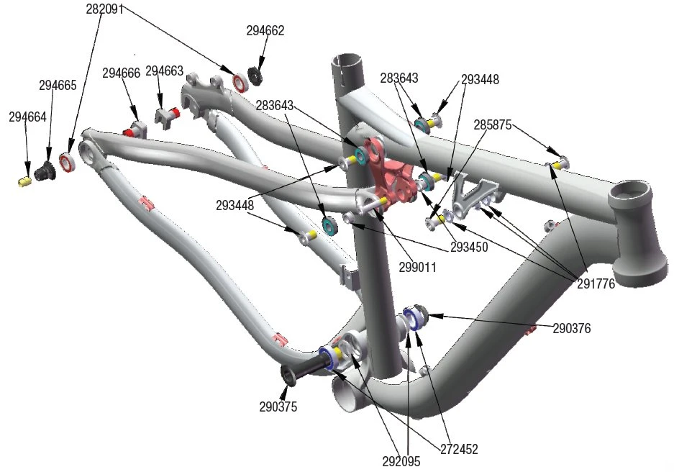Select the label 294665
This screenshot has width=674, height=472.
point(58,86)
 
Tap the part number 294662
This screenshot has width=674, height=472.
point(265,31)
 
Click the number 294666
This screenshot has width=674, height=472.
point(122,73)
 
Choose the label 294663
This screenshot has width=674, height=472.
point(165,71)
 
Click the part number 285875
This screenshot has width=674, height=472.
point(493,124)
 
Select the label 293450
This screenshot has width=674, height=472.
point(470,247)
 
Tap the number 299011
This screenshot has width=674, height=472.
point(418,266)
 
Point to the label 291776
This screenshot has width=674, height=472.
point(596,283)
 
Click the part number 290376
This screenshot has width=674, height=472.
point(572,329)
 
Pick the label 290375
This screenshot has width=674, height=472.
point(278,407)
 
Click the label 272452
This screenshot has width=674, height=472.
point(459,449)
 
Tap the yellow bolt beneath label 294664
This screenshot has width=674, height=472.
point(24,180)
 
